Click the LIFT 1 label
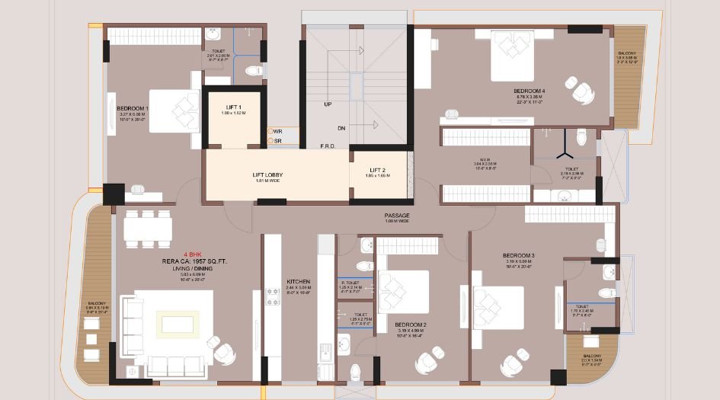tap(234, 107)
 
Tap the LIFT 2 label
tap(377, 170)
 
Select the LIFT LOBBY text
tap(268, 174)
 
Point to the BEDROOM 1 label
tap(133, 109)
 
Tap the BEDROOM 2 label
tap(410, 325)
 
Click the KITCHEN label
tap(298, 281)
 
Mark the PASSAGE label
tap(397, 216)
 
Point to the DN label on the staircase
tap(341, 128)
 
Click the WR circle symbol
tap(270, 132)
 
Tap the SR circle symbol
tap(270, 141)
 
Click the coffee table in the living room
tap(178, 325)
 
